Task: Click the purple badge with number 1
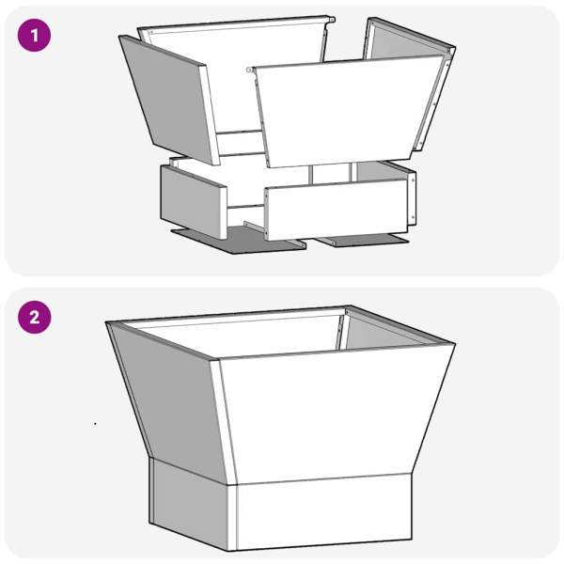point(34,36)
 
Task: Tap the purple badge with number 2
point(34,318)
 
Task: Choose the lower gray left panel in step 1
point(194,201)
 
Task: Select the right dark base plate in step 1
point(363,240)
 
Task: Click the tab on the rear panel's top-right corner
point(330,20)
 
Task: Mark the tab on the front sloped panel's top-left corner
point(251,70)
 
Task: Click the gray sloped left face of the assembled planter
point(169,399)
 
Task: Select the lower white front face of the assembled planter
point(323,512)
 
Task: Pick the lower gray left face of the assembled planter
point(189,504)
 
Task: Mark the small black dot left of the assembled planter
point(95,424)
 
